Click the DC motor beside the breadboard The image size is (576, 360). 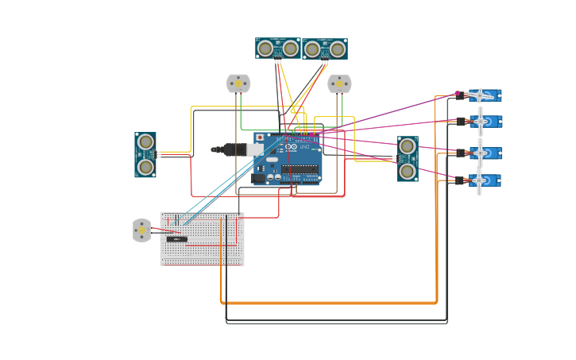click(141, 230)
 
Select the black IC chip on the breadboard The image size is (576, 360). click(176, 238)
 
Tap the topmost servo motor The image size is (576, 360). click(483, 95)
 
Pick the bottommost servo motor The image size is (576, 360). click(483, 180)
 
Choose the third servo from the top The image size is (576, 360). click(483, 152)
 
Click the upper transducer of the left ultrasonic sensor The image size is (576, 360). click(145, 142)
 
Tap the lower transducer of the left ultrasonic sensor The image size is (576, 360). click(145, 166)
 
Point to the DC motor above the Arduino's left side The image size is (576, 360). click(238, 83)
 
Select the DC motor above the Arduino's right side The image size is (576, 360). click(339, 83)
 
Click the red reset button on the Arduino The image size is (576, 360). click(260, 137)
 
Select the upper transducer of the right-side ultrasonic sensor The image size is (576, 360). click(408, 146)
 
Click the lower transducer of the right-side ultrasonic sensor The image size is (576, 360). click(408, 170)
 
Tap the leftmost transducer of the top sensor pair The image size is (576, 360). click(267, 48)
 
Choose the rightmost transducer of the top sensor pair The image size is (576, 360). click(337, 49)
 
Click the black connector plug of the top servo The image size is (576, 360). click(462, 96)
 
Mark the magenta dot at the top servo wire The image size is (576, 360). click(458, 93)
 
